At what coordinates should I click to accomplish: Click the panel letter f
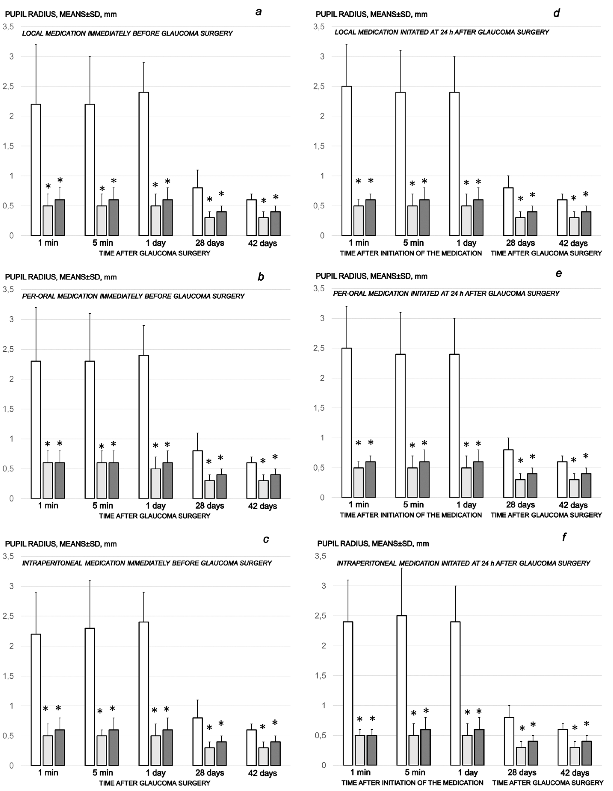[564, 537]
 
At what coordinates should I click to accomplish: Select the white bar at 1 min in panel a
[36, 170]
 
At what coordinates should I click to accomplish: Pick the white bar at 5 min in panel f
[401, 690]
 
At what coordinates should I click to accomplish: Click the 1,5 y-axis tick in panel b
[9, 409]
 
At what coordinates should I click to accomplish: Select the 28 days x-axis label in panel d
[520, 243]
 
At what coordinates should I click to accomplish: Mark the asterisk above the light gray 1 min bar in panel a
[48, 187]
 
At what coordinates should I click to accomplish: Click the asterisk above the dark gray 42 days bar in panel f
[586, 724]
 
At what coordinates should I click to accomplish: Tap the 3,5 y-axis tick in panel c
[9, 556]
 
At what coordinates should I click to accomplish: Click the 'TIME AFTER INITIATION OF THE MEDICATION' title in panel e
[411, 515]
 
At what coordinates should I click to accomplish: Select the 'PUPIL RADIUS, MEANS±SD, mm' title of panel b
[61, 277]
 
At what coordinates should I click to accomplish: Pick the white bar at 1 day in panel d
[455, 164]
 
